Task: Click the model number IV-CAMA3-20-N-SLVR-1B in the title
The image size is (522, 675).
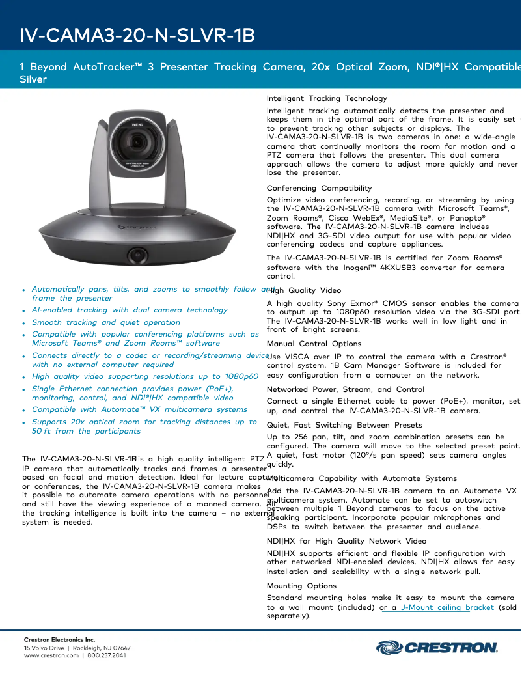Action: [137, 34]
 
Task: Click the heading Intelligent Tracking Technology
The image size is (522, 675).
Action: [327, 98]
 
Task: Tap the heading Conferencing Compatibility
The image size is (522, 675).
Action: [319, 188]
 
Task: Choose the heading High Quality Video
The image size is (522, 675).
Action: [304, 290]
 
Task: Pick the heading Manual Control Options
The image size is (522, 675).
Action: [314, 344]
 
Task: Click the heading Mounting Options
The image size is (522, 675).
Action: [301, 586]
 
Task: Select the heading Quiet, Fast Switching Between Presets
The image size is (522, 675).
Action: [344, 425]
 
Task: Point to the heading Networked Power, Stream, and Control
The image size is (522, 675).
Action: [346, 389]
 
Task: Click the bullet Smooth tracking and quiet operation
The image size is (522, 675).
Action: [106, 322]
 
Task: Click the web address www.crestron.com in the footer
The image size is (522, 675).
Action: [51, 655]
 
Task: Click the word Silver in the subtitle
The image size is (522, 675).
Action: [33, 79]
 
